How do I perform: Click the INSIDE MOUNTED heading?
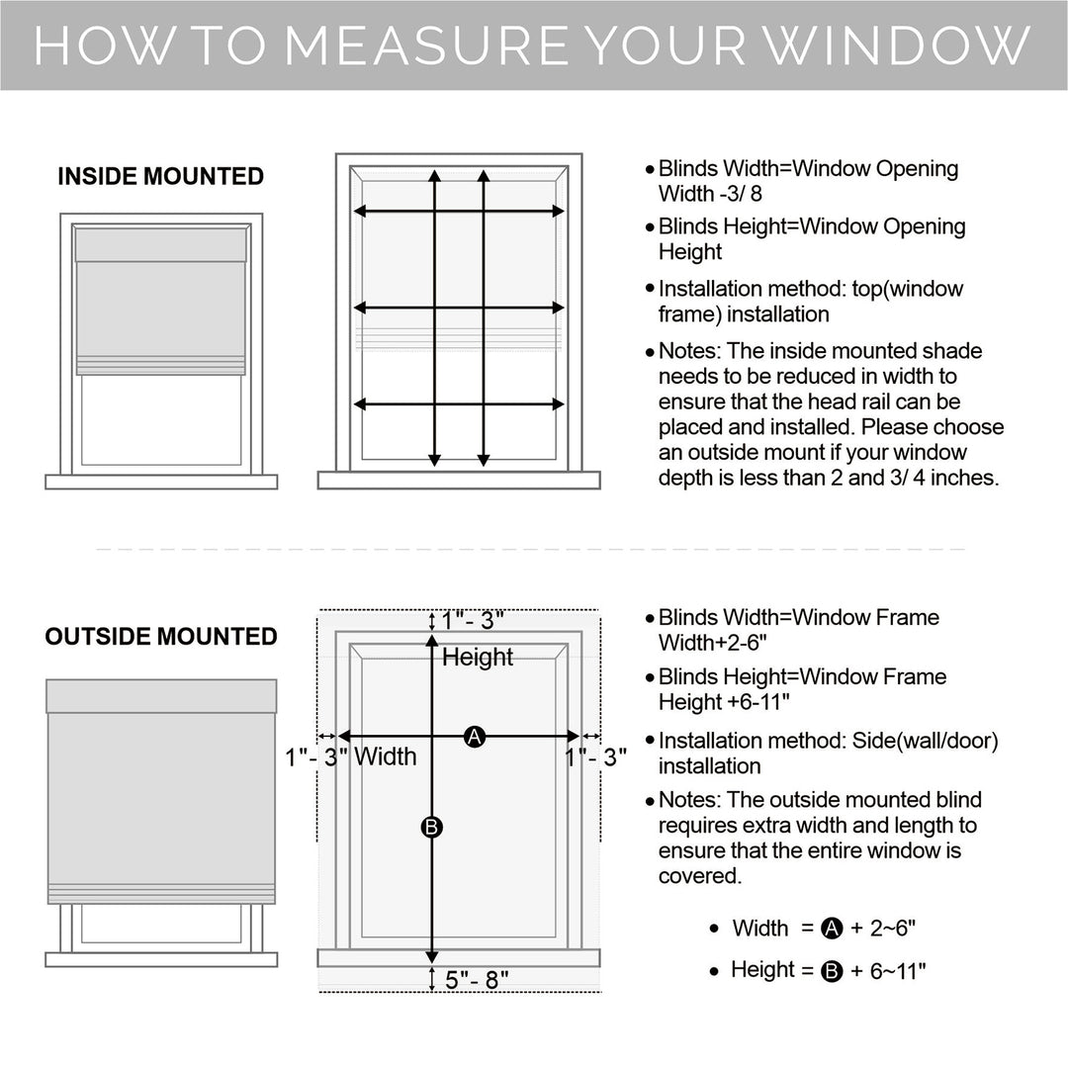(160, 177)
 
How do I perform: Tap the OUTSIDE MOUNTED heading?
(161, 636)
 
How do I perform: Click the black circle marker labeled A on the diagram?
(475, 736)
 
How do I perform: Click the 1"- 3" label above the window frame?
(473, 620)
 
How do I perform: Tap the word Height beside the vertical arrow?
(478, 657)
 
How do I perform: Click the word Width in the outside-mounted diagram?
(386, 757)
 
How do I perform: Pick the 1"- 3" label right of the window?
(597, 757)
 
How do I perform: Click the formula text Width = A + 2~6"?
(829, 929)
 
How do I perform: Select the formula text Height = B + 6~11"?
(828, 971)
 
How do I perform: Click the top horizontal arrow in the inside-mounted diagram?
(459, 211)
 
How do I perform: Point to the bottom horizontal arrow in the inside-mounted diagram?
(459, 403)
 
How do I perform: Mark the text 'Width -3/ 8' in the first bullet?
(710, 194)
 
